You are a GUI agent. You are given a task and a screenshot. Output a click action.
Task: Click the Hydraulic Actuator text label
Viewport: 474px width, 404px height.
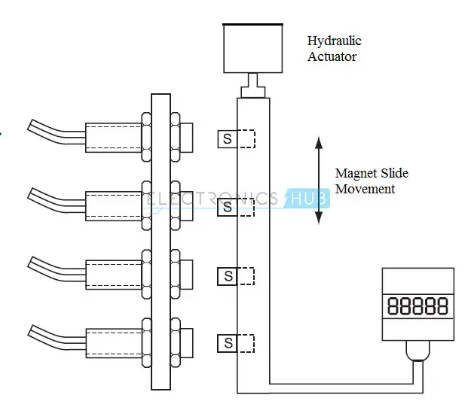click(x=332, y=48)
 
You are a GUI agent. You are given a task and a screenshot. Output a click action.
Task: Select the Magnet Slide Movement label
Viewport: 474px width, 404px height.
click(x=371, y=181)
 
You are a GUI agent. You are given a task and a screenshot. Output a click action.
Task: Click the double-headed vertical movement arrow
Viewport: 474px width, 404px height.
click(x=319, y=180)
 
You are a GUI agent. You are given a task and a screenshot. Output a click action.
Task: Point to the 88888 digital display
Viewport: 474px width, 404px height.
click(x=417, y=305)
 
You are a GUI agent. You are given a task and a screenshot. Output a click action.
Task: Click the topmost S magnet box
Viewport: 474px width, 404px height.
click(x=227, y=139)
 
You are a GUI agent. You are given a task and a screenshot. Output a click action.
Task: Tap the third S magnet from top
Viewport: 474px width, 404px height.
click(x=227, y=276)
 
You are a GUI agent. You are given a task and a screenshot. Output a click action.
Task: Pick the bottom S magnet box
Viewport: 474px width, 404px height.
click(x=227, y=344)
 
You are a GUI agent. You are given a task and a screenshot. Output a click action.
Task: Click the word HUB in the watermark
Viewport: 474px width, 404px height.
click(x=306, y=199)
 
